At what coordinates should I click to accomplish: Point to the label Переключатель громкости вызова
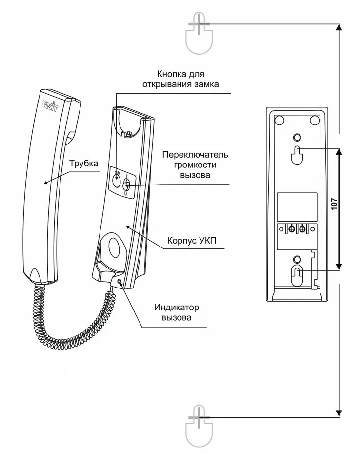pyautogui.click(x=195, y=165)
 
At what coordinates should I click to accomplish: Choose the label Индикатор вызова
pyautogui.click(x=176, y=312)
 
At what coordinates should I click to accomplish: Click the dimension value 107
pyautogui.click(x=334, y=204)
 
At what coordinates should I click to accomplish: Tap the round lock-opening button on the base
pyautogui.click(x=116, y=181)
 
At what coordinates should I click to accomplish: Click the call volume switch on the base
pyautogui.click(x=127, y=185)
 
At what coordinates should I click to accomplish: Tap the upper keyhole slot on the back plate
pyautogui.click(x=297, y=154)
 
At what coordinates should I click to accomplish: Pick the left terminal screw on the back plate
pyautogui.click(x=291, y=228)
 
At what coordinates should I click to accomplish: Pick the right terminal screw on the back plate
pyautogui.click(x=303, y=228)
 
